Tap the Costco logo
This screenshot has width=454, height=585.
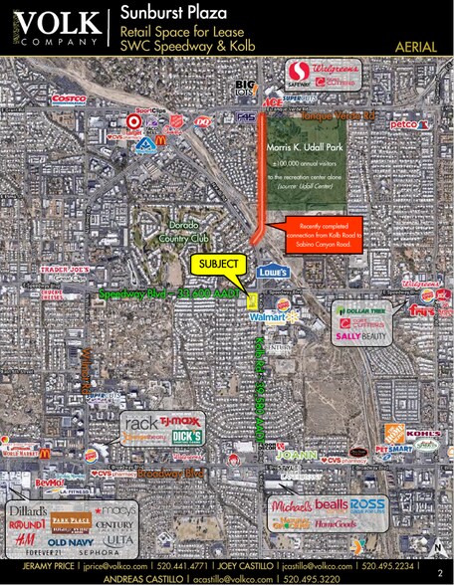click(69, 98)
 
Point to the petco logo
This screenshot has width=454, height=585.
click(403, 124)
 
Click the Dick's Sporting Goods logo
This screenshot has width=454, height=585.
click(186, 436)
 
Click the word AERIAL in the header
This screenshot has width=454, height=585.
click(416, 47)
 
